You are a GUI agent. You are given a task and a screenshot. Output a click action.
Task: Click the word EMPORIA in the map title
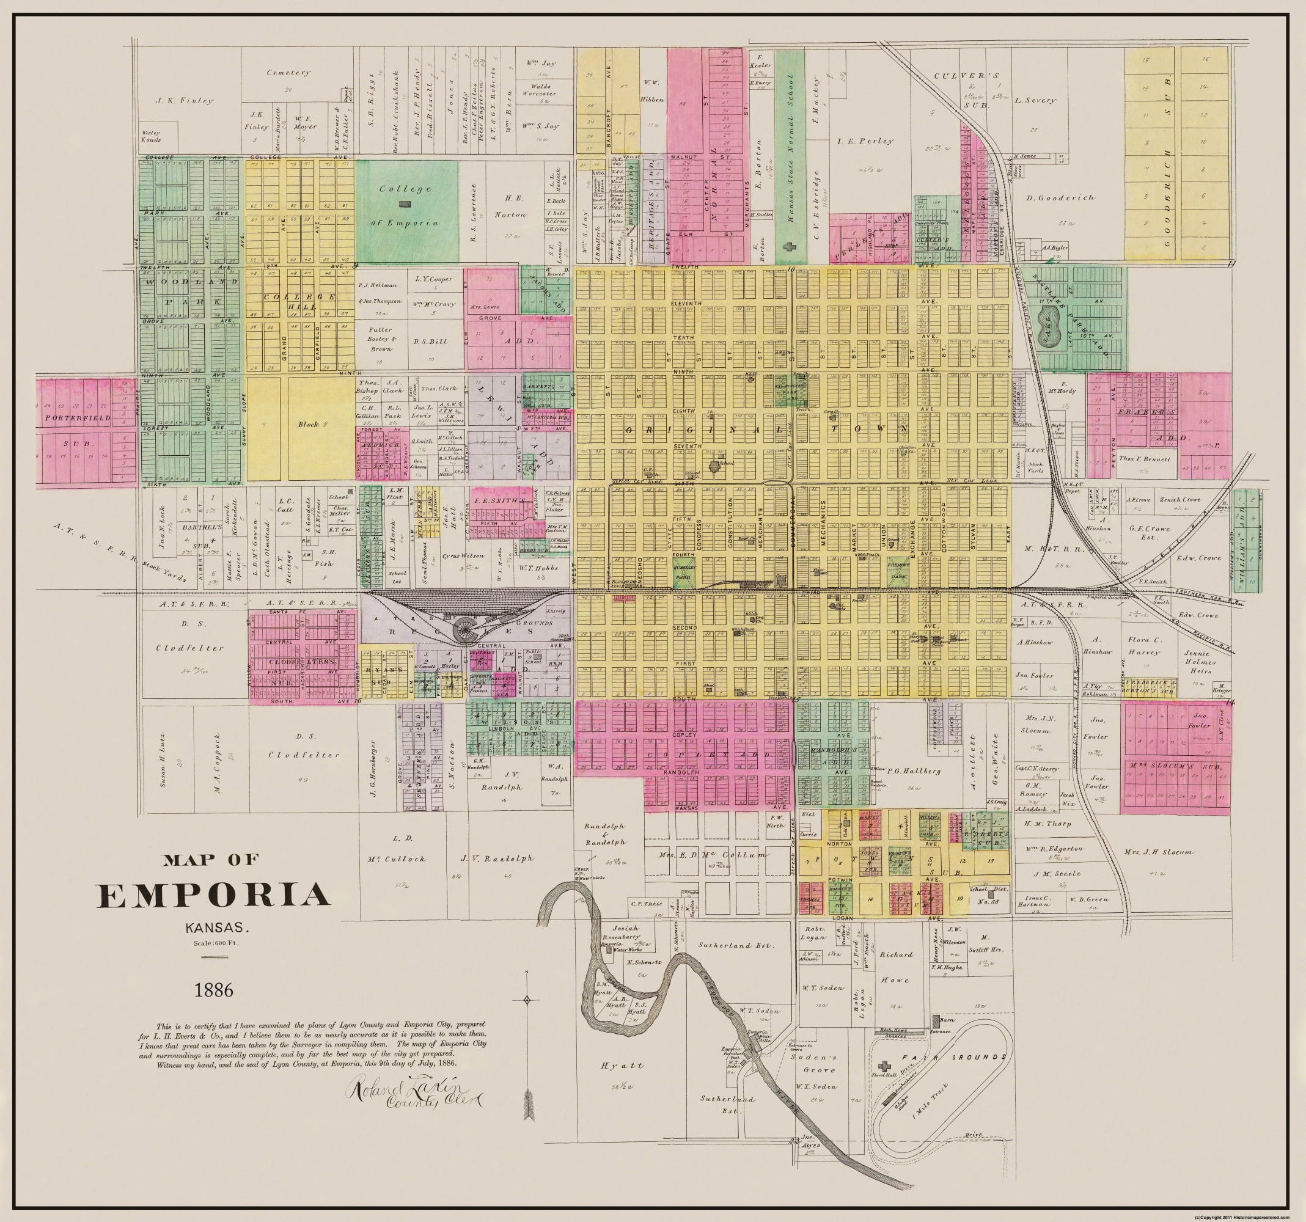(213, 896)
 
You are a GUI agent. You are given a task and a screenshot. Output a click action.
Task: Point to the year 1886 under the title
(214, 989)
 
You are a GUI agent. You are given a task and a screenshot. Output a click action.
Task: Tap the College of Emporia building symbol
(406, 205)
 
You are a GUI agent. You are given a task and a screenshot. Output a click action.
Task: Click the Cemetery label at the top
(288, 73)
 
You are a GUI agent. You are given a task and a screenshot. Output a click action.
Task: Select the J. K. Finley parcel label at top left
(185, 101)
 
